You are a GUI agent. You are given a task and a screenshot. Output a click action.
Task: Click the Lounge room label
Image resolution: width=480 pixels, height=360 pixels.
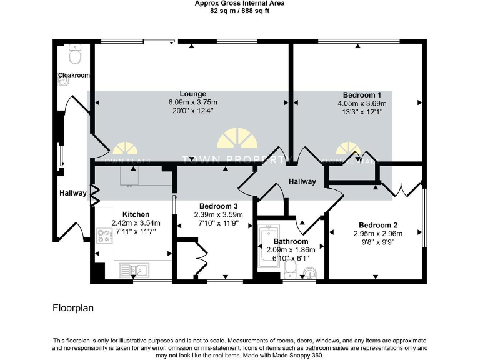(192, 94)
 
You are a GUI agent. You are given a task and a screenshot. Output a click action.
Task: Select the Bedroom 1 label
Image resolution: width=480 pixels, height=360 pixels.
(362, 95)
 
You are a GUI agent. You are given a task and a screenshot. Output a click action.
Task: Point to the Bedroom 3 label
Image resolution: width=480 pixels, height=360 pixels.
(218, 206)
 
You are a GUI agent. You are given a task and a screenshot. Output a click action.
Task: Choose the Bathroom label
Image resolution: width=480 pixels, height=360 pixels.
(291, 241)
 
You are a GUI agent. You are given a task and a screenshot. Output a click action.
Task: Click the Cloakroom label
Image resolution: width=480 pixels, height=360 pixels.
(74, 76)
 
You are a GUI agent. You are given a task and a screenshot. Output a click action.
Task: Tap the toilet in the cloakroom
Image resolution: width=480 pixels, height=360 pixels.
(75, 56)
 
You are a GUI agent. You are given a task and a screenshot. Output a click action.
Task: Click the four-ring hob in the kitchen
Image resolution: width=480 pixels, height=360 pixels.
(103, 236)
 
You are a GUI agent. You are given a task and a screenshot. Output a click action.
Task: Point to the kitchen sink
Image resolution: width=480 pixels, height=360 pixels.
(136, 270)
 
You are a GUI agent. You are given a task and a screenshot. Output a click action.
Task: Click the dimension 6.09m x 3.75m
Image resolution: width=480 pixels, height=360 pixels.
(192, 102)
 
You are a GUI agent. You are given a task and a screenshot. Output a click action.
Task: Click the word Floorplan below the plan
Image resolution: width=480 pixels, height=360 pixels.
(72, 308)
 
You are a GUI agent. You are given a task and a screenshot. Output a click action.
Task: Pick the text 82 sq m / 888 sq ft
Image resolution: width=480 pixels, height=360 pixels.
(239, 10)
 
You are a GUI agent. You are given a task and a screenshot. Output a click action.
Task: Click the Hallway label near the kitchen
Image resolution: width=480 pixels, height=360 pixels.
(73, 193)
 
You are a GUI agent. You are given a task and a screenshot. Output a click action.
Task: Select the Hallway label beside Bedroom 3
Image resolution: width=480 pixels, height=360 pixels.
(302, 181)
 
